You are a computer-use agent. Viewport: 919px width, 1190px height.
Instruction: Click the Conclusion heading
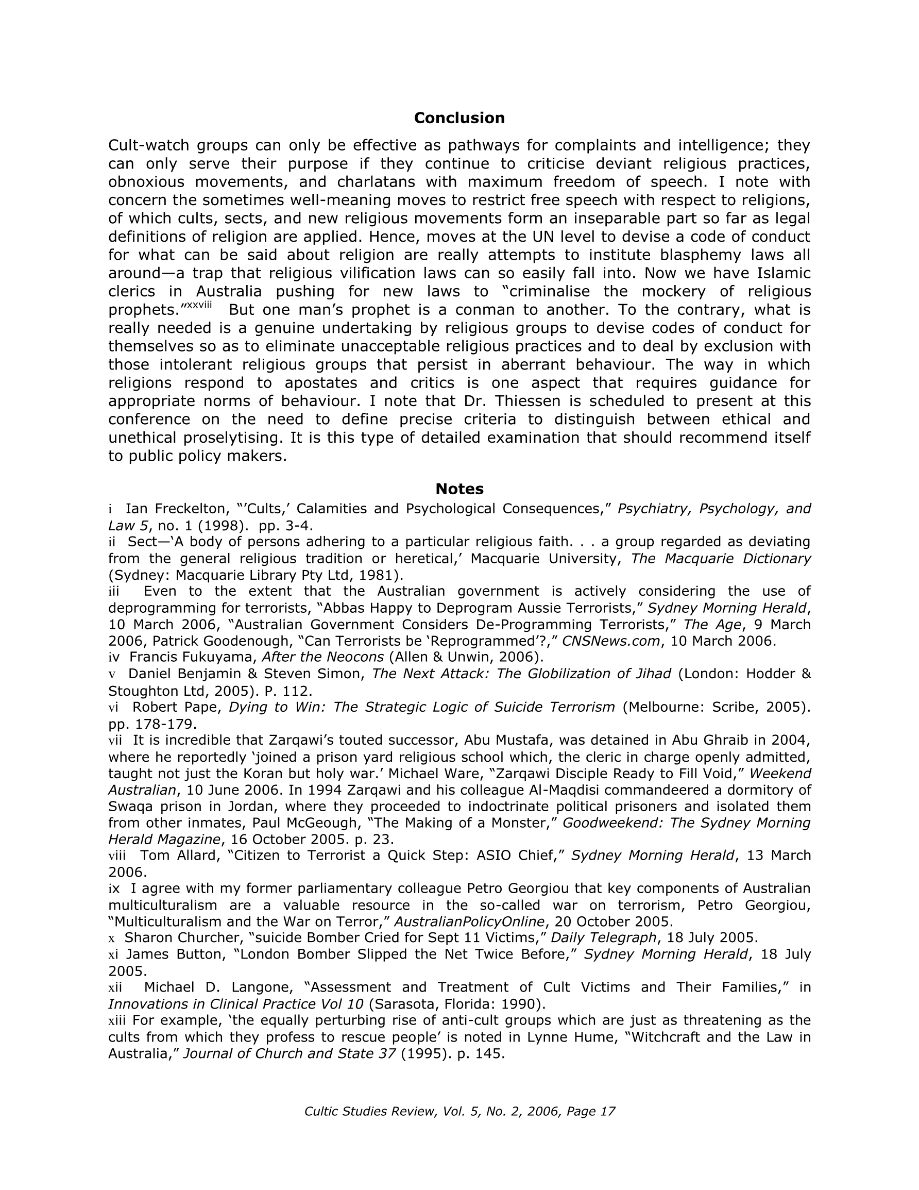pyautogui.click(x=458, y=118)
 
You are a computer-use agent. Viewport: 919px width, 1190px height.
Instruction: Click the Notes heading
pyautogui.click(x=459, y=489)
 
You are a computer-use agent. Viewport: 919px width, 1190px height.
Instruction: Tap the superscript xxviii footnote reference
pyautogui.click(x=199, y=305)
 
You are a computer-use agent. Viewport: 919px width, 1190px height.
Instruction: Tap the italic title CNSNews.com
pyautogui.click(x=610, y=641)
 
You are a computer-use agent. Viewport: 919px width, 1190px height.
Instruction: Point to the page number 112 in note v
pyautogui.click(x=297, y=691)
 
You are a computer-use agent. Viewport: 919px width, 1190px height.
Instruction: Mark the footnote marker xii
pyautogui.click(x=115, y=987)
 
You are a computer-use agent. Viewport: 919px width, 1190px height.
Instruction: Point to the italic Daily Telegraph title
pyautogui.click(x=604, y=938)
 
